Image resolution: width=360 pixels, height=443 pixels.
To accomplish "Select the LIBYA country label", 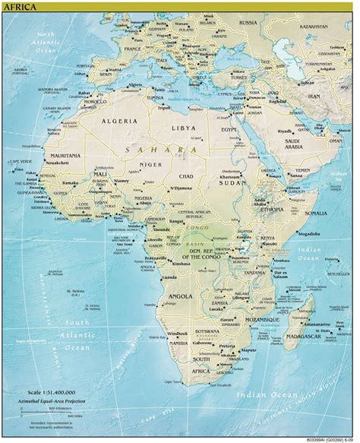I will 182,128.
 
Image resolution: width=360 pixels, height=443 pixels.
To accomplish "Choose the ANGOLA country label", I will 182,294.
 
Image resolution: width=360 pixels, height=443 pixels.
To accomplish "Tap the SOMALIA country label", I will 314,214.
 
